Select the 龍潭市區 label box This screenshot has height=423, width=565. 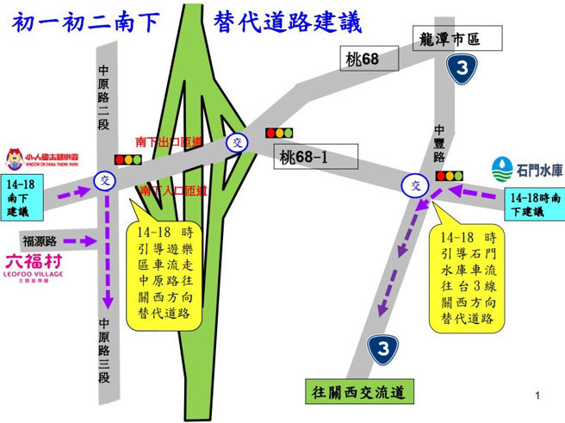click(x=450, y=40)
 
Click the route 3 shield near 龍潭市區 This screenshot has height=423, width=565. click(x=465, y=69)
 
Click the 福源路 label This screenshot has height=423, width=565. click(x=40, y=241)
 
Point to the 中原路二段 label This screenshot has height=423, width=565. click(x=104, y=98)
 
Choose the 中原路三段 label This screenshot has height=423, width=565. click(x=104, y=351)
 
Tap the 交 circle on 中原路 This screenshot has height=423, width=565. click(x=105, y=180)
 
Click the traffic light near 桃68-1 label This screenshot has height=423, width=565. click(x=278, y=134)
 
